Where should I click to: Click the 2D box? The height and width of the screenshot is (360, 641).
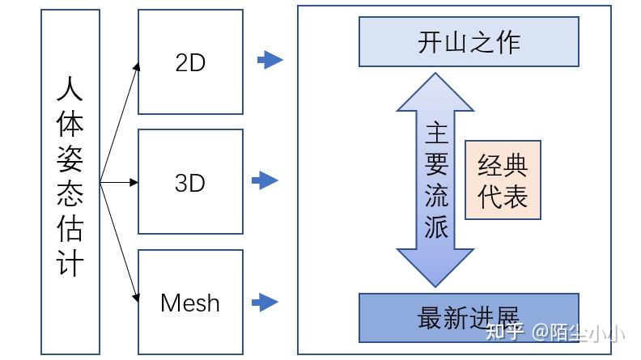click(x=190, y=61)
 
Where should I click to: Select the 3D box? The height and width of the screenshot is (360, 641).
click(x=190, y=182)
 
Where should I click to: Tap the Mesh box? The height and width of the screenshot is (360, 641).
click(x=190, y=302)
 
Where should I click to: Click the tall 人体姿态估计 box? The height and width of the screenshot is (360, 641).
click(x=70, y=181)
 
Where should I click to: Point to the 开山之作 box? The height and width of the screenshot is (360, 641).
click(x=469, y=42)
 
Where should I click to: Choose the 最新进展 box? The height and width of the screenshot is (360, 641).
click(x=469, y=316)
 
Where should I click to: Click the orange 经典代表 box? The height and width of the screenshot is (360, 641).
click(x=503, y=180)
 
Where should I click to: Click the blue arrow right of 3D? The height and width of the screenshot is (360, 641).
click(x=265, y=180)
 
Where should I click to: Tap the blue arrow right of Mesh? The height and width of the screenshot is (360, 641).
click(x=265, y=303)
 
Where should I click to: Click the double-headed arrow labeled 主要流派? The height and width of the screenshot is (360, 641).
click(x=436, y=180)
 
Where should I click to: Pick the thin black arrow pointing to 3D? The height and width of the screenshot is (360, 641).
click(x=120, y=183)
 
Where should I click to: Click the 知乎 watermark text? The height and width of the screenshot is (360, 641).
click(x=503, y=332)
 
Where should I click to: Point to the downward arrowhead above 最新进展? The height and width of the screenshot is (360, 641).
click(x=436, y=269)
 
